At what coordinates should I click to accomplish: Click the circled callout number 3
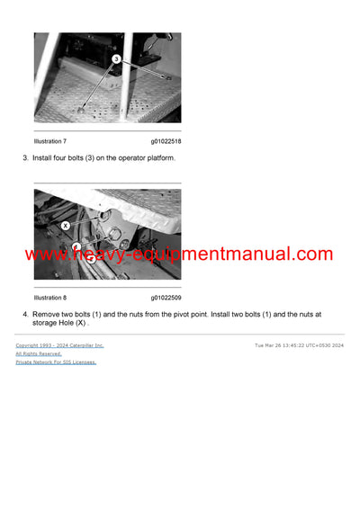point(116,58)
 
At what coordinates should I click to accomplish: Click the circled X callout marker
point(65,225)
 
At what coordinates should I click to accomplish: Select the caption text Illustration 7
point(50,141)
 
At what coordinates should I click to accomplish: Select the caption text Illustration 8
point(50,297)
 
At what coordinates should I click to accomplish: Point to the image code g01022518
point(166,141)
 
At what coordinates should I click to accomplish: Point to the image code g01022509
point(166,297)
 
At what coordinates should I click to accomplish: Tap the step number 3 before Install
point(24,158)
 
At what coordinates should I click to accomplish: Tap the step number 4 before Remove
point(24,314)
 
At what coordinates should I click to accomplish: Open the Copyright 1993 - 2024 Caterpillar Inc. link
point(59,345)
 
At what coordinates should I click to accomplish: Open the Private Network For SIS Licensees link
point(56,362)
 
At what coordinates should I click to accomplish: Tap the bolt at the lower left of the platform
point(81,108)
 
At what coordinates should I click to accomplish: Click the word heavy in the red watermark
point(103,254)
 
